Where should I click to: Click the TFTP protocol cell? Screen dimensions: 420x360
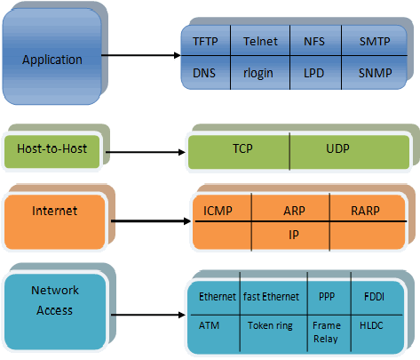205,41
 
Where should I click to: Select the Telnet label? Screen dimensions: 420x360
260,41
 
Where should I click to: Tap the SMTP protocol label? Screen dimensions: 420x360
375,41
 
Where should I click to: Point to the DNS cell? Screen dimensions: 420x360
204,73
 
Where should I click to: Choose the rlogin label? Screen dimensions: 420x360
258,73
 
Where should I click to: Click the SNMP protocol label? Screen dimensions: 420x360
376,73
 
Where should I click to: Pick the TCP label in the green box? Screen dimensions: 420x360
242,148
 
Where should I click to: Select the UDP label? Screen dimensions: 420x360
337,148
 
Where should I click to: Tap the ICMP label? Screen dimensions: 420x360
218,211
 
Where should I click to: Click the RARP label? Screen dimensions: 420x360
365,211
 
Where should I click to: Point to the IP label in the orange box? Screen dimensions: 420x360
294,235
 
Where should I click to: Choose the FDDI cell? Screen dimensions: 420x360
374,297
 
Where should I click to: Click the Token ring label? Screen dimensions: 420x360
270,325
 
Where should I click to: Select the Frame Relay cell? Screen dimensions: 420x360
327,332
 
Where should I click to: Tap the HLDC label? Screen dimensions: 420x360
371,325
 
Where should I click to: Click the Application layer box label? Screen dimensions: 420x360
52,60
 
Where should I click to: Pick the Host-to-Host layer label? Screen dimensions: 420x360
52,148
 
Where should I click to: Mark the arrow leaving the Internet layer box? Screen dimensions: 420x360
151,221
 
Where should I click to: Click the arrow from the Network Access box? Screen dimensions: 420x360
148,315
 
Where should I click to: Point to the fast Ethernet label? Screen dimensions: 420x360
271,297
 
